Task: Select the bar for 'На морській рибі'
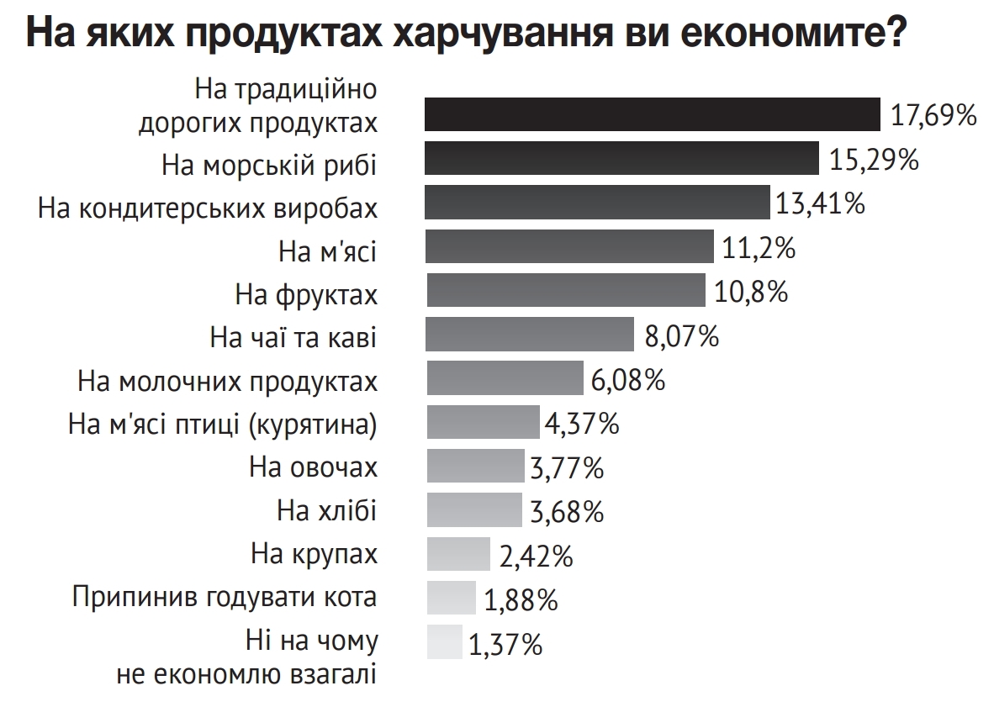click(622, 159)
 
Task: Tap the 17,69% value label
click(933, 115)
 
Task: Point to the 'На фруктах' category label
click(305, 294)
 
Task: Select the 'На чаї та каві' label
click(293, 338)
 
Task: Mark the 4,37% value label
click(582, 423)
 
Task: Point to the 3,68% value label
click(567, 510)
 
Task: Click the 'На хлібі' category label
click(326, 510)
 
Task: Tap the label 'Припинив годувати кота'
click(225, 599)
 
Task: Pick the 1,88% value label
click(521, 599)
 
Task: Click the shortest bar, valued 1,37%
click(444, 641)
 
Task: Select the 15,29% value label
click(873, 159)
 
